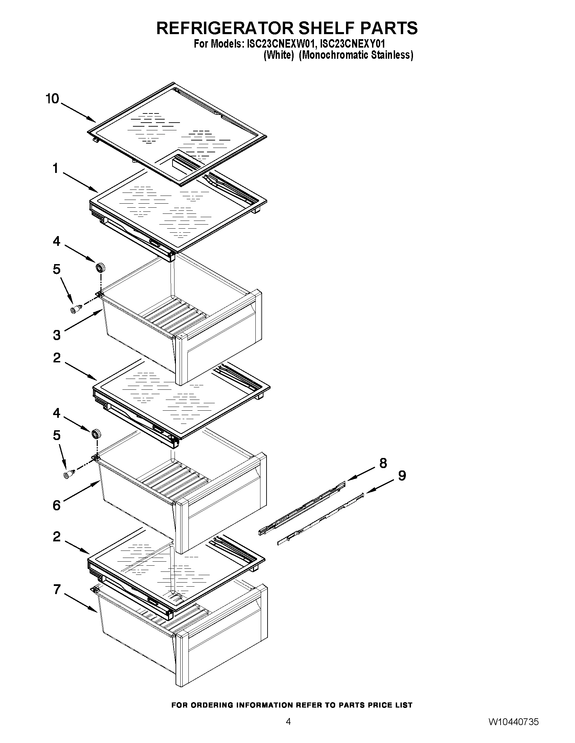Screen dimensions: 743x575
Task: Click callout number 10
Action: [x=52, y=99]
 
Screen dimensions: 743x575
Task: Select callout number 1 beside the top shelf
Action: [x=55, y=169]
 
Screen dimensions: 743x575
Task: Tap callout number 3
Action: [x=57, y=335]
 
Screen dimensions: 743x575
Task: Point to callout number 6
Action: [x=57, y=505]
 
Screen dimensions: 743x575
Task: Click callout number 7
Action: [x=57, y=589]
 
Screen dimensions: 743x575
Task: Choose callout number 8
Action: [x=383, y=463]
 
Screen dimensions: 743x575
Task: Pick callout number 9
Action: [x=402, y=476]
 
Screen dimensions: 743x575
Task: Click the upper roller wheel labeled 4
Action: [x=100, y=267]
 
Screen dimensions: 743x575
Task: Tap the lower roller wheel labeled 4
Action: [x=96, y=434]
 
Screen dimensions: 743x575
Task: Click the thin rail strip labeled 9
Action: [x=320, y=519]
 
